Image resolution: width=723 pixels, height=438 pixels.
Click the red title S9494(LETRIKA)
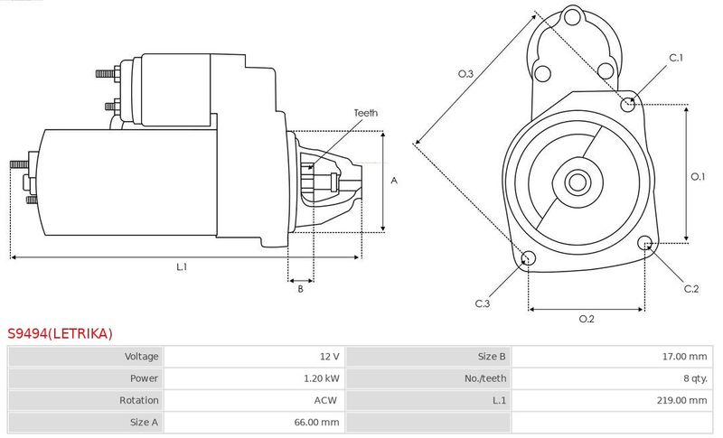[60, 333]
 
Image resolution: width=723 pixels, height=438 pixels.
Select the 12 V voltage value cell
[329, 356]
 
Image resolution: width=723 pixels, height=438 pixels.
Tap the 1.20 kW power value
[322, 378]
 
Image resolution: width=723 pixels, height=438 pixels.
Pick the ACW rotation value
[325, 400]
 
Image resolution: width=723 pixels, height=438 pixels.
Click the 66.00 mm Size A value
[317, 422]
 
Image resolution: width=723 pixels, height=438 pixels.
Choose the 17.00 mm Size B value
[684, 356]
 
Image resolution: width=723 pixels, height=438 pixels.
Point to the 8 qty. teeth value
[695, 378]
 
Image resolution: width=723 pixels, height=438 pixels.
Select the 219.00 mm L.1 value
[681, 400]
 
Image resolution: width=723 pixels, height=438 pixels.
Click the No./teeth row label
[485, 378]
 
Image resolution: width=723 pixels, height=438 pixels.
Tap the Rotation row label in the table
[139, 400]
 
